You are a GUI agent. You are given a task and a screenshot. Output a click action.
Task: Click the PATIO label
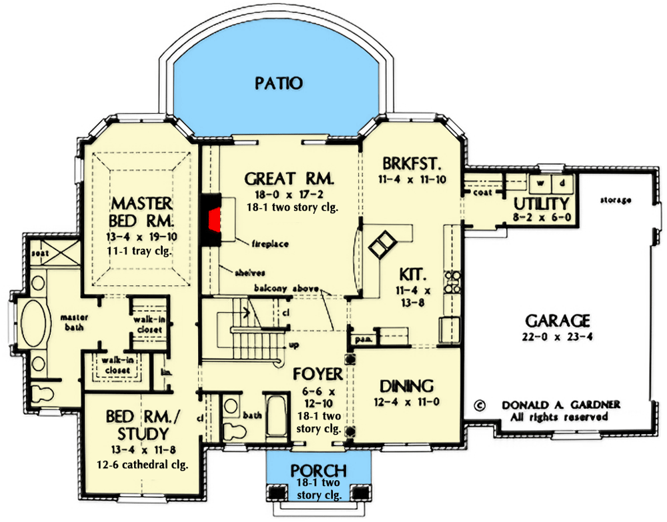278,83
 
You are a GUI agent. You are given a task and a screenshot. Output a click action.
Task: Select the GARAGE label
558,321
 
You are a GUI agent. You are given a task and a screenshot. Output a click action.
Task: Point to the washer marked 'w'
540,181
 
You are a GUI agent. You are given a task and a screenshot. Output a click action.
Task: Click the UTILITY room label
541,203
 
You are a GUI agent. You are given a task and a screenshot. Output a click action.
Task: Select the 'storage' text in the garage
615,199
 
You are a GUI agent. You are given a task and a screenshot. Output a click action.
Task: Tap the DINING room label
406,386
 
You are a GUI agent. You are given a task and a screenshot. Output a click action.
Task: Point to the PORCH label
318,470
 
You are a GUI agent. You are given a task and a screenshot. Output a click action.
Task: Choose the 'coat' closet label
483,193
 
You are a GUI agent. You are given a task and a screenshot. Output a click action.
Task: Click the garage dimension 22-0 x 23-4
558,337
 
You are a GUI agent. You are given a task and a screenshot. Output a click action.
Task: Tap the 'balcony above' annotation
285,289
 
